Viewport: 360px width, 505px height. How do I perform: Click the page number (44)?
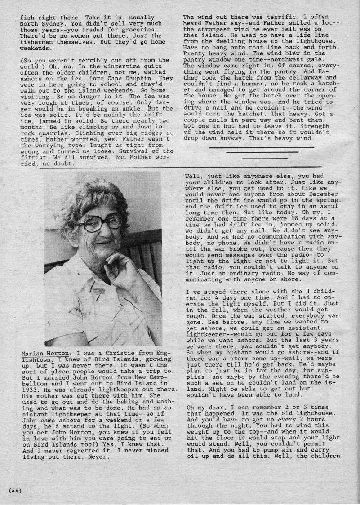(15, 490)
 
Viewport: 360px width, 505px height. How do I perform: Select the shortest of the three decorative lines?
(258, 159)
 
